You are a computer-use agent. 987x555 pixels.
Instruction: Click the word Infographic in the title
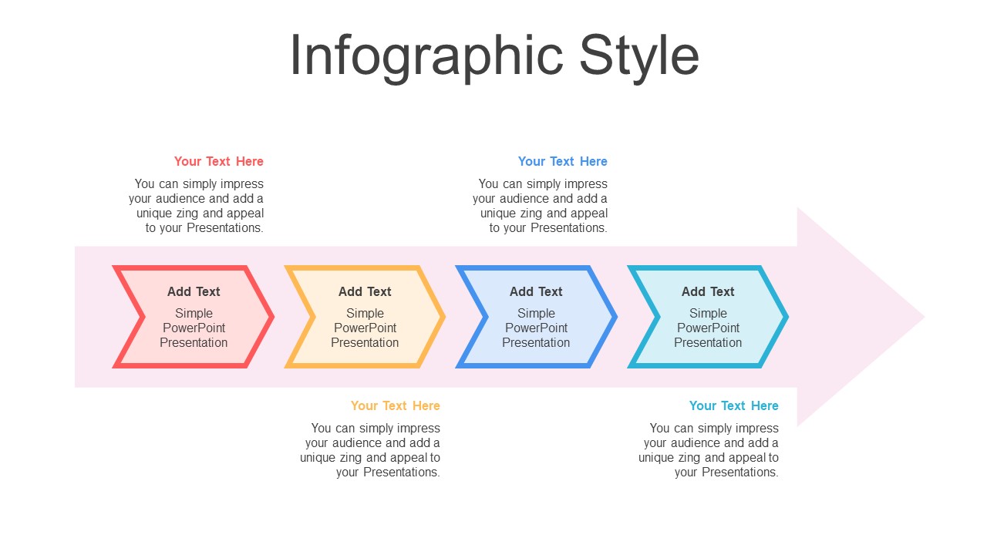pyautogui.click(x=426, y=57)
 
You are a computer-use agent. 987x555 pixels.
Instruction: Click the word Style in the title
pyautogui.click(x=639, y=57)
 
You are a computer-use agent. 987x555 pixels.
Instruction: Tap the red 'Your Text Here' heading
pyautogui.click(x=218, y=161)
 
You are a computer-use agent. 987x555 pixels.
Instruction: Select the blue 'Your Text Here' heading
pyautogui.click(x=562, y=161)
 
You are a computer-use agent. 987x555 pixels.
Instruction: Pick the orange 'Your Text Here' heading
pyautogui.click(x=396, y=405)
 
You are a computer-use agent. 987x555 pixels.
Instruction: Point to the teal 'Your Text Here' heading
pyautogui.click(x=733, y=405)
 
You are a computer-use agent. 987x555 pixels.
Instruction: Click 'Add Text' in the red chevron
pyautogui.click(x=194, y=291)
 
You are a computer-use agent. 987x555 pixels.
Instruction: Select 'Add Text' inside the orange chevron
pyautogui.click(x=365, y=291)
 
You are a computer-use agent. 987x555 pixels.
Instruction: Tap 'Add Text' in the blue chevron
pyautogui.click(x=536, y=291)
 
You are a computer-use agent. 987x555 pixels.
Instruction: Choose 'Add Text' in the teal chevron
pyautogui.click(x=708, y=291)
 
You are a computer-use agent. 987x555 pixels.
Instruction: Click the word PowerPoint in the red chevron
pyautogui.click(x=194, y=328)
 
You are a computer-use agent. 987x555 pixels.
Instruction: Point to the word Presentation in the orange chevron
pyautogui.click(x=365, y=343)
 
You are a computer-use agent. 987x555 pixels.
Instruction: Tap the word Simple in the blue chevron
pyautogui.click(x=536, y=313)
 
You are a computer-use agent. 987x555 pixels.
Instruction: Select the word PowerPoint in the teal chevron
pyautogui.click(x=708, y=328)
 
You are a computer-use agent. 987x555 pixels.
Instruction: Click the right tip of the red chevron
pyautogui.click(x=274, y=317)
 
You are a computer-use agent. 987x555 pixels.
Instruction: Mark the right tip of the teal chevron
pyautogui.click(x=788, y=317)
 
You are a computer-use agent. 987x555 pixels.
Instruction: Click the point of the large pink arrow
pyautogui.click(x=925, y=317)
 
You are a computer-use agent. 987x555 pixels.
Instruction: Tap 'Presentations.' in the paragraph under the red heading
pyautogui.click(x=224, y=227)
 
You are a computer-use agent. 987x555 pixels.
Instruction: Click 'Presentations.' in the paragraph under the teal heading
pyautogui.click(x=739, y=473)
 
